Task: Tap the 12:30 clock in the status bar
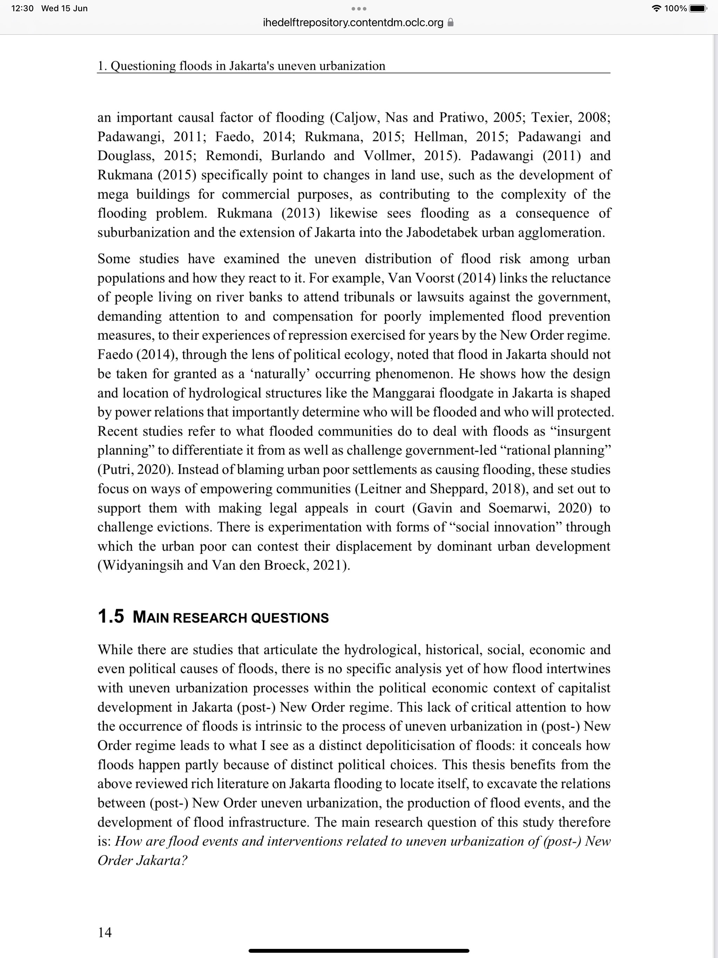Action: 22,8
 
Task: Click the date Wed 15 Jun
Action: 64,8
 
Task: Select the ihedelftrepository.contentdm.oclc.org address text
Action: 353,22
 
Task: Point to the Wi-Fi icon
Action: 657,8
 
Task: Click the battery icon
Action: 697,8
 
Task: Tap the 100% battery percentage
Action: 675,8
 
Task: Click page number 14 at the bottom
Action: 105,932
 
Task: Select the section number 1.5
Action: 111,617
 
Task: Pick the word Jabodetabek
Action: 442,232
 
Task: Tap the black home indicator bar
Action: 359,951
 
